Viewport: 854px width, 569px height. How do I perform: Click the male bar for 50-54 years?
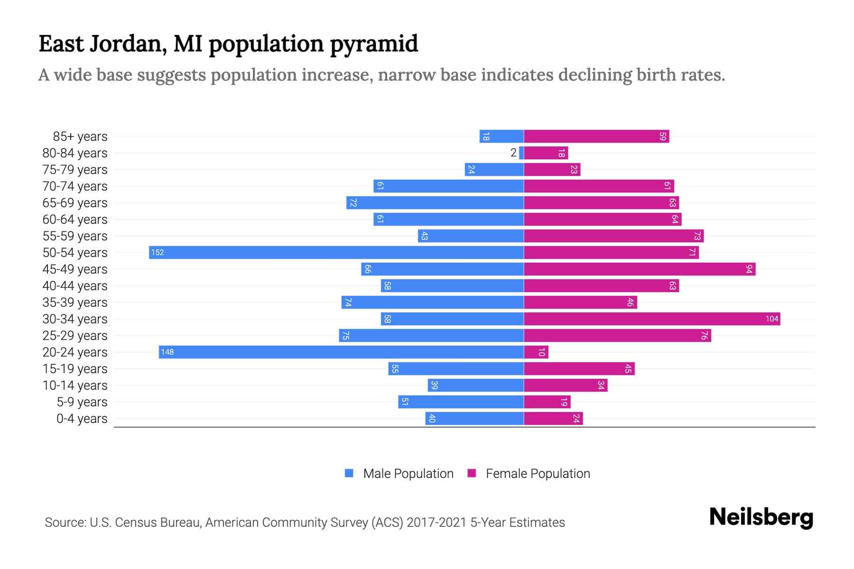[336, 252]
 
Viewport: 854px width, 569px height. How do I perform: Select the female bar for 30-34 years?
[652, 319]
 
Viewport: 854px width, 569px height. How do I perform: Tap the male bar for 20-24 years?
[341, 352]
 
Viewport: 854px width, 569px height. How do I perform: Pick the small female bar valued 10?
[536, 352]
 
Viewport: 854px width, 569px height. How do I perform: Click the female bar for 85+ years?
[596, 136]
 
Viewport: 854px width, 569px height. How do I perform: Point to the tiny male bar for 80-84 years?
[521, 153]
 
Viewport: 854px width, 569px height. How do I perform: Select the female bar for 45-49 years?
[639, 269]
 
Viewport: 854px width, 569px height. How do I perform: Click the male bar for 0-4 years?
[474, 418]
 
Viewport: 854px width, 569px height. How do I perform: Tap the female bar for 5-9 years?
[547, 402]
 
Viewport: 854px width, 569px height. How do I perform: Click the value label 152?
[158, 252]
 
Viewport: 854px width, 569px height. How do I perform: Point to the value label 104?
[771, 319]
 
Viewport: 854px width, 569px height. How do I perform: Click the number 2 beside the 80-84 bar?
[513, 153]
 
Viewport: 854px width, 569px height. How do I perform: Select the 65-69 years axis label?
[75, 203]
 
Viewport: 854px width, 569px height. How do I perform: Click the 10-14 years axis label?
[75, 385]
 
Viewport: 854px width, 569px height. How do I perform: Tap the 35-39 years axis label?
[75, 303]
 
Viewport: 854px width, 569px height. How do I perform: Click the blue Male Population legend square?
[349, 473]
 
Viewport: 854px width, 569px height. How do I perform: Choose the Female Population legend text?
[538, 473]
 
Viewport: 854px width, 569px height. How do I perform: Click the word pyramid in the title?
[374, 44]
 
